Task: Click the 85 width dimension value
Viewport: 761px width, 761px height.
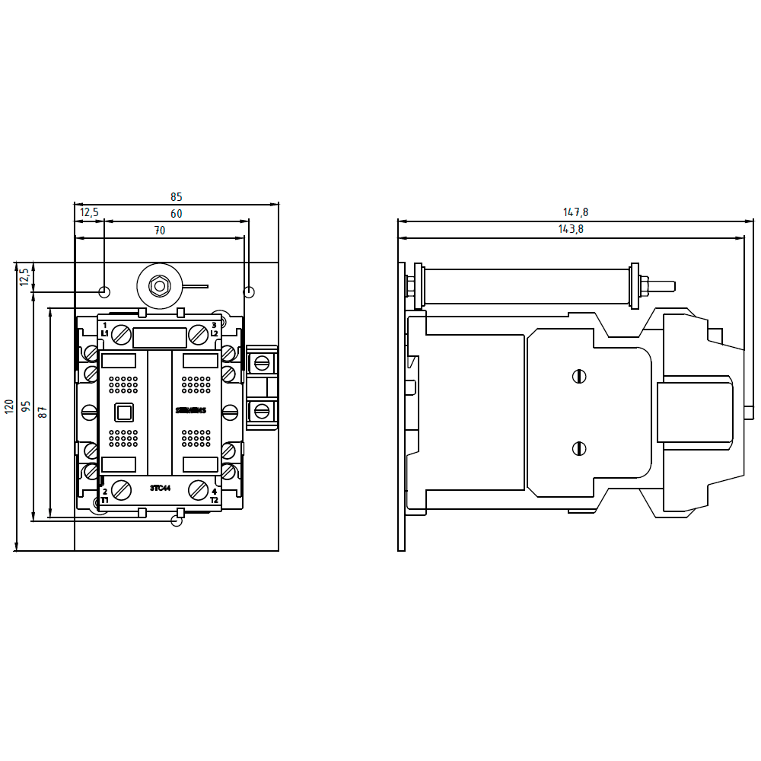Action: pyautogui.click(x=177, y=196)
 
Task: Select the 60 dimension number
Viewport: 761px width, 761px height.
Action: pyautogui.click(x=177, y=214)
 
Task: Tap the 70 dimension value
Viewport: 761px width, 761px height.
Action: pyautogui.click(x=160, y=231)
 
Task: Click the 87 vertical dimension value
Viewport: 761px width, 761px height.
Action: pyautogui.click(x=43, y=412)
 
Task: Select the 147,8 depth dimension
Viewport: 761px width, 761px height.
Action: pyautogui.click(x=576, y=212)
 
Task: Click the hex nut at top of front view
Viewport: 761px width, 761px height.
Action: pyautogui.click(x=159, y=287)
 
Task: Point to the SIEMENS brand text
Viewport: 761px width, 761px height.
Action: pyautogui.click(x=191, y=411)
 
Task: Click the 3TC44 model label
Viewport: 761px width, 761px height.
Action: pyautogui.click(x=160, y=488)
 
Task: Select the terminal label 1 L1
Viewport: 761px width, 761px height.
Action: pyautogui.click(x=104, y=330)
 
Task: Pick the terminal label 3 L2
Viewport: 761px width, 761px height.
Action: pyautogui.click(x=214, y=330)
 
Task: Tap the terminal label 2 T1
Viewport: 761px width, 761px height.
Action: pyautogui.click(x=104, y=495)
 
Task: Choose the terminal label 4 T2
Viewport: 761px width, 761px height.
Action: pyautogui.click(x=214, y=495)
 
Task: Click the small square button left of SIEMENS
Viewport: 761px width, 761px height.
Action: pyautogui.click(x=123, y=412)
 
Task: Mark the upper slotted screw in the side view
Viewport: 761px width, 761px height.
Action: pyautogui.click(x=579, y=376)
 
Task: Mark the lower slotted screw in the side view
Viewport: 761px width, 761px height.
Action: pyautogui.click(x=579, y=448)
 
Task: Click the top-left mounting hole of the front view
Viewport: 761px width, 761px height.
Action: pyautogui.click(x=105, y=292)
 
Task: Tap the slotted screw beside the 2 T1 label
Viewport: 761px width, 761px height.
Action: pyautogui.click(x=121, y=489)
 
